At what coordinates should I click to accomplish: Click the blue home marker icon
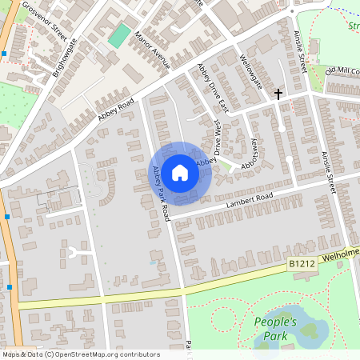click(180, 172)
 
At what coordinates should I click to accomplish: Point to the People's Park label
click(275, 329)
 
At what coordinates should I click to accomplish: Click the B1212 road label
click(301, 263)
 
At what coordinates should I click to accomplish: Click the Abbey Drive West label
click(216, 139)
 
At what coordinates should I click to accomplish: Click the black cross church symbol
click(278, 94)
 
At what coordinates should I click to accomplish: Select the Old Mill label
click(342, 71)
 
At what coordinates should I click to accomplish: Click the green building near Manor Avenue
click(119, 35)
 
